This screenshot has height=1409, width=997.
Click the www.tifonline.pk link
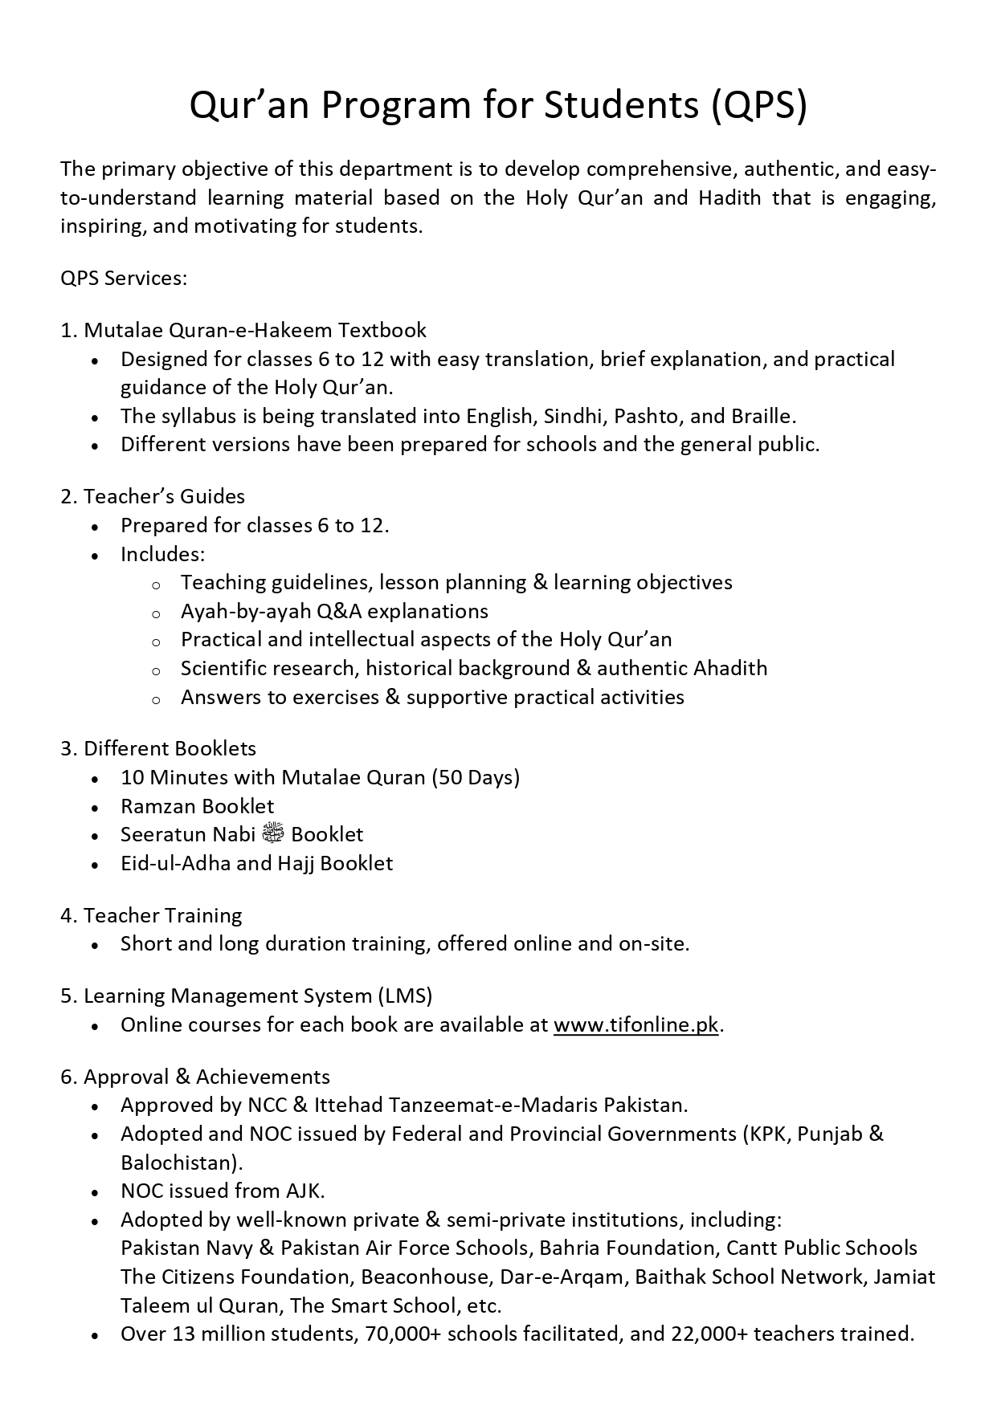(635, 1025)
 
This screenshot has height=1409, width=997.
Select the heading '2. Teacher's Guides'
(153, 497)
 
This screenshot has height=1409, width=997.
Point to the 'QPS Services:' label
(124, 279)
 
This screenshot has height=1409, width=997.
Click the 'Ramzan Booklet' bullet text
(197, 806)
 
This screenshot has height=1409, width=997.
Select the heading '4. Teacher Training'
(151, 915)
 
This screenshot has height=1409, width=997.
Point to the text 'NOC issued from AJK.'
(223, 1191)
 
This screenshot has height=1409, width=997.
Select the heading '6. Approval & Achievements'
(195, 1077)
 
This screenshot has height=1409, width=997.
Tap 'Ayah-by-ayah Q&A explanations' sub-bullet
(334, 611)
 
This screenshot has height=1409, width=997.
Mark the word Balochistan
(181, 1163)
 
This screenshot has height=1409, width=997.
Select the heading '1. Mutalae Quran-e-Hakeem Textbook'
(243, 330)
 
